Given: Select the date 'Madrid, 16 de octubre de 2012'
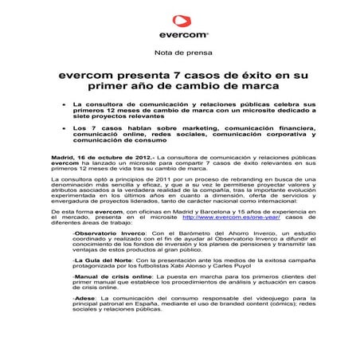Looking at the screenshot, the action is pos(95,159).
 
